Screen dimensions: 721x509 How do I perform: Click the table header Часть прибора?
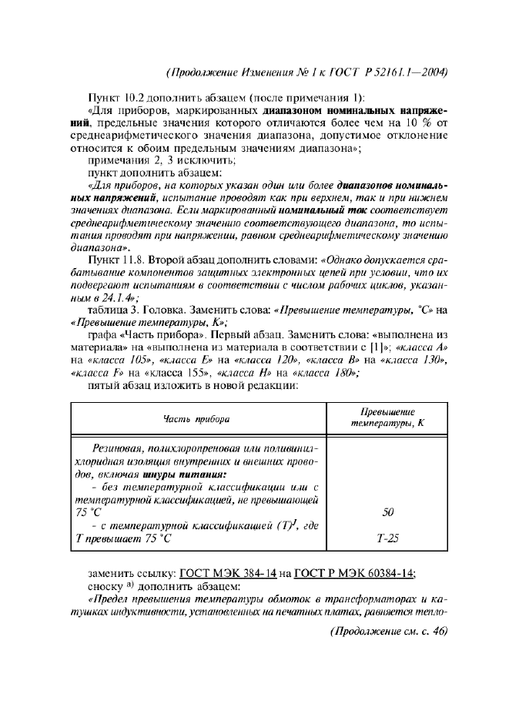(x=196, y=418)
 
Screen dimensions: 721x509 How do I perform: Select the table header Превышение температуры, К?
(x=389, y=418)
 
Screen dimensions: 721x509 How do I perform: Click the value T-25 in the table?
(x=390, y=539)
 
